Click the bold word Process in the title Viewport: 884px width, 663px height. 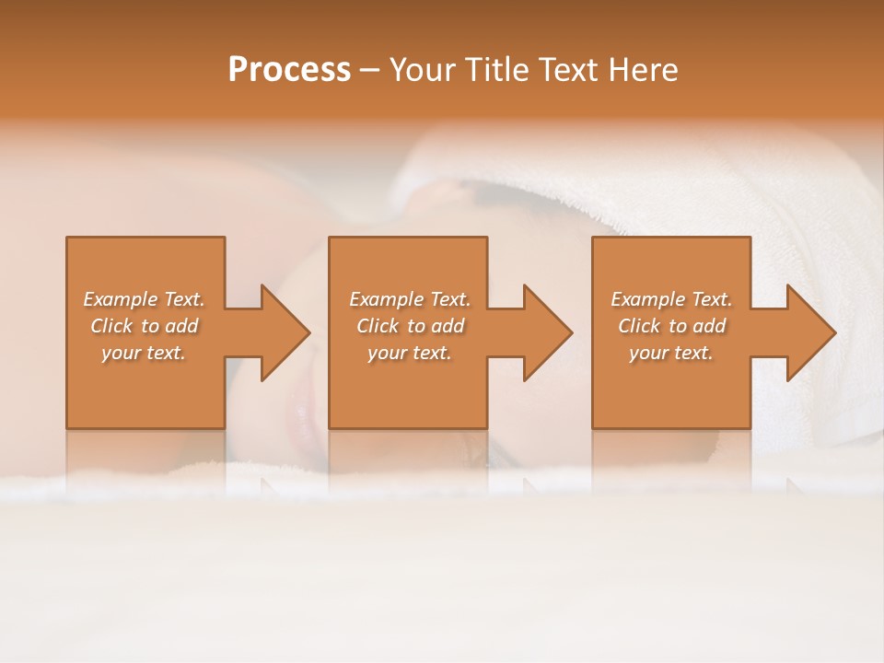[289, 70]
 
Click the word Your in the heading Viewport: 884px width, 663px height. [422, 70]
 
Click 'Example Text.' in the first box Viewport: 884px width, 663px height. [144, 299]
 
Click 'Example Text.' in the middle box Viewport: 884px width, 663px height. [410, 299]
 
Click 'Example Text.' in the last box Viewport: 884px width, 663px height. [671, 299]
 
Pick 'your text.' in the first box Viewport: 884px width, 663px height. [144, 353]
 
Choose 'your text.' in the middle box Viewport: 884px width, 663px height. [410, 353]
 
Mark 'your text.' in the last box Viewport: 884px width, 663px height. [671, 353]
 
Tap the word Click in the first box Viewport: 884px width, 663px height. [111, 326]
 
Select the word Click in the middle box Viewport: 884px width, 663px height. [378, 326]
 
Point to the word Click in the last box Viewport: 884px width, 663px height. [639, 326]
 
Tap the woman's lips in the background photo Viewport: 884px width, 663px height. [301, 413]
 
